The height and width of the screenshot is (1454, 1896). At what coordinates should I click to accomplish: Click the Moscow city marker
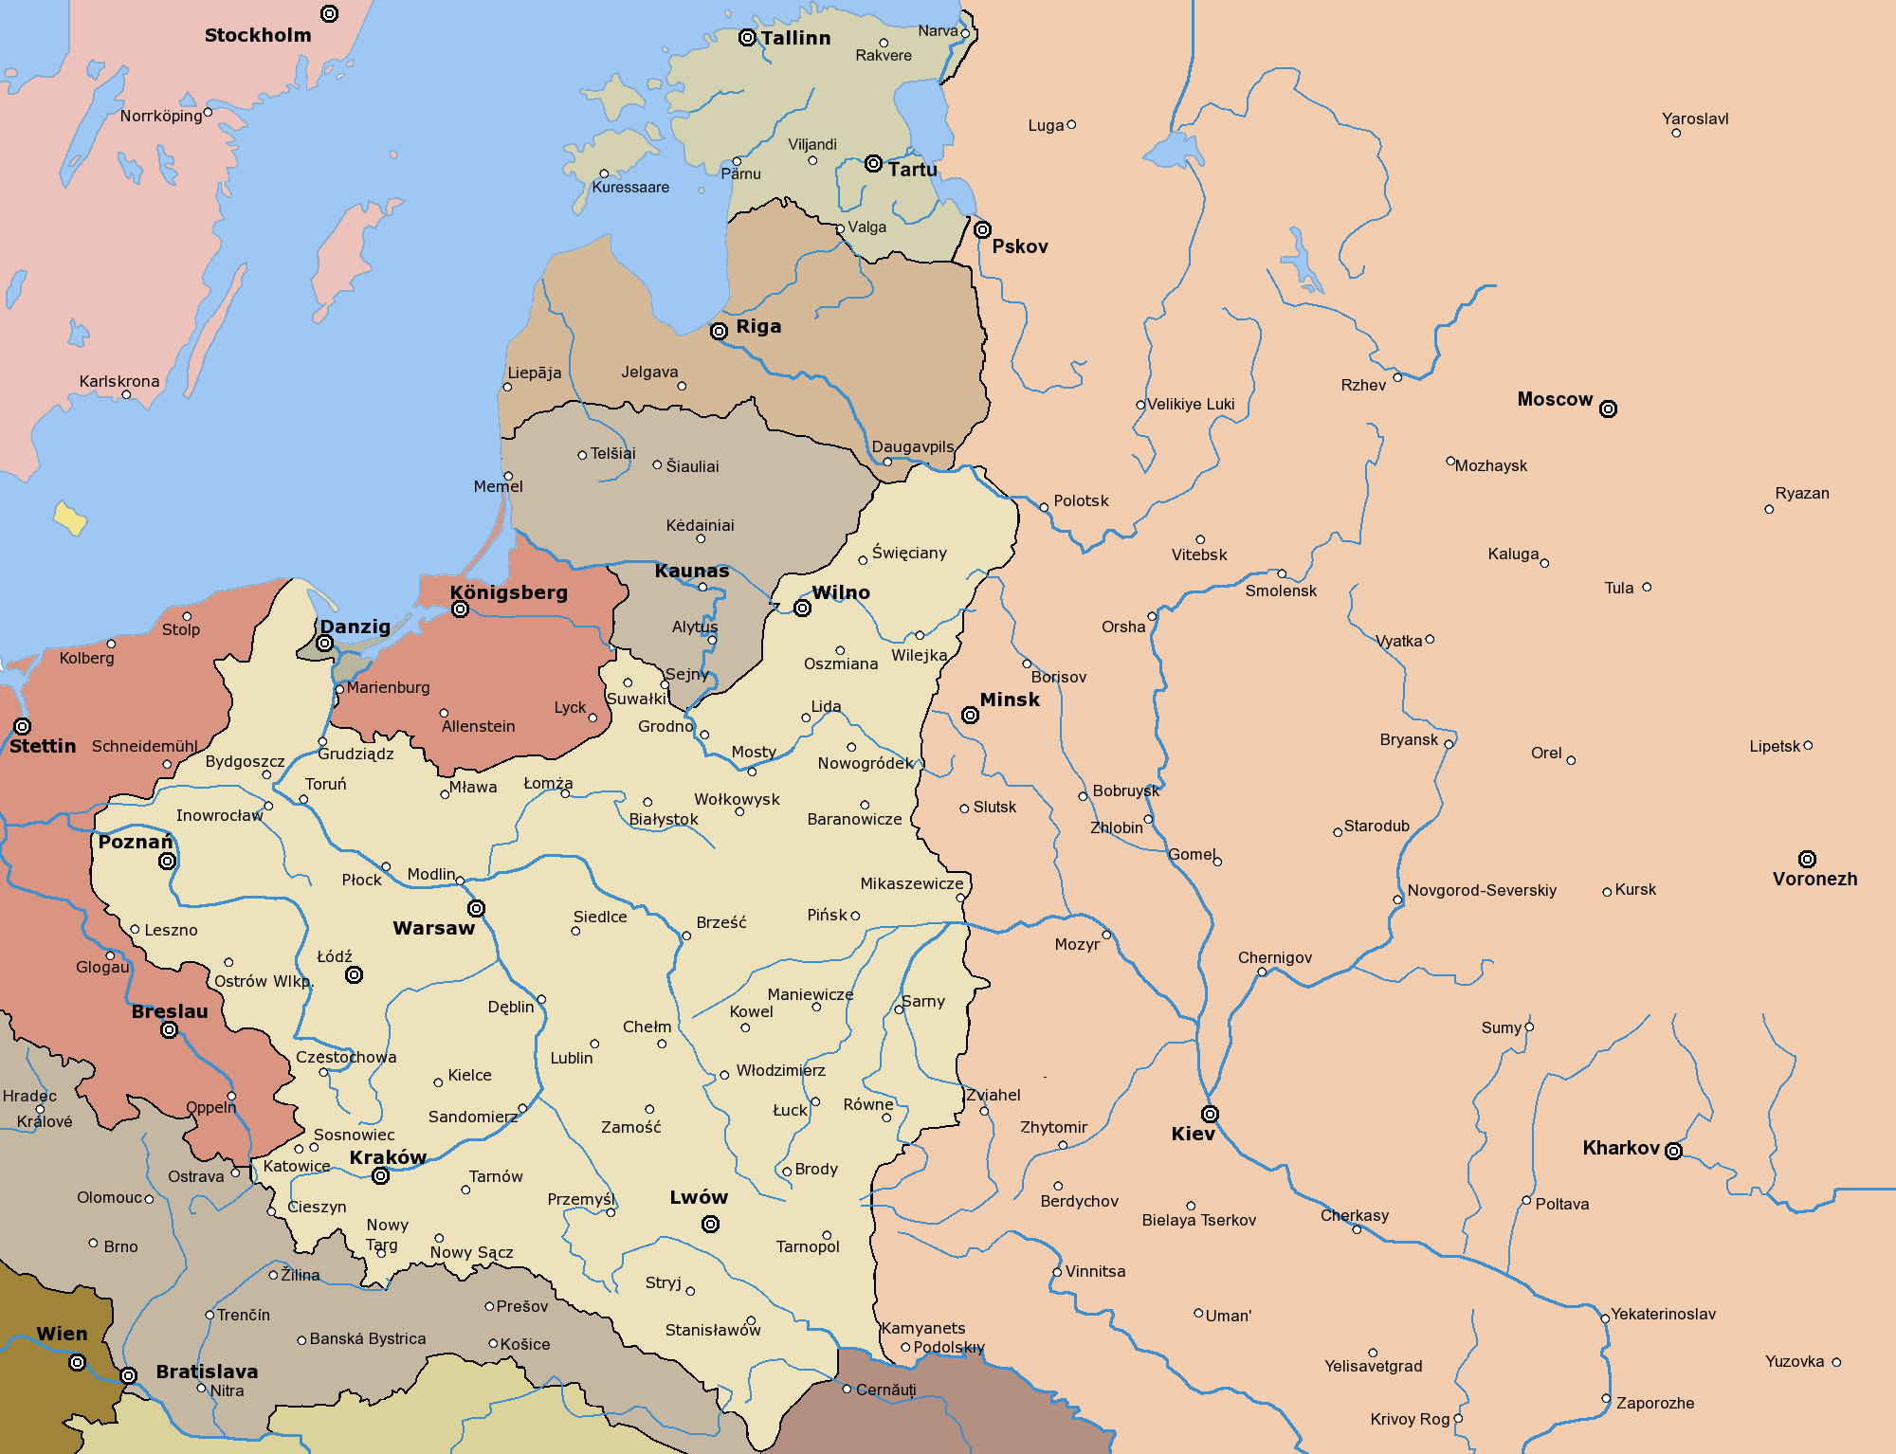click(1608, 409)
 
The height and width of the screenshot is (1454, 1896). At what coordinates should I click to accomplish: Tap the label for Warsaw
click(434, 928)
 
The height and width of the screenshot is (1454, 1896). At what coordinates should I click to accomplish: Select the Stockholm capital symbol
click(329, 13)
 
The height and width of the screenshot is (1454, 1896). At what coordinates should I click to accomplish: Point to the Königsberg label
click(509, 592)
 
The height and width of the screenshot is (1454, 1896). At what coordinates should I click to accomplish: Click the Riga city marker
click(719, 331)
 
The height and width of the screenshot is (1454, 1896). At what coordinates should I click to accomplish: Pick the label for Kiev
click(1193, 1134)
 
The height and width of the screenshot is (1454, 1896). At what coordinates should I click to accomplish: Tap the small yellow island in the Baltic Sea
click(69, 518)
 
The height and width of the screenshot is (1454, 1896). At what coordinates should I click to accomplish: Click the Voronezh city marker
click(1807, 859)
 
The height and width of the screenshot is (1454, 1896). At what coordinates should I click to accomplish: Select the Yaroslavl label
click(1695, 118)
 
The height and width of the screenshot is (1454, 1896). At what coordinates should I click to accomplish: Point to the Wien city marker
click(78, 1362)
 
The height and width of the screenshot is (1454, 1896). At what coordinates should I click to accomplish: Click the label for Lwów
click(699, 1197)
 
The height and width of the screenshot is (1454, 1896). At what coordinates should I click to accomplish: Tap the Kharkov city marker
click(1673, 1151)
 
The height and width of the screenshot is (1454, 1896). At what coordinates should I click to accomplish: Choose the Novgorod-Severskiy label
click(1482, 890)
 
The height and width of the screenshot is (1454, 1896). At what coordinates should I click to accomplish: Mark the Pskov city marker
click(982, 229)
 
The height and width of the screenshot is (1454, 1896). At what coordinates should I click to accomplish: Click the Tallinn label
click(795, 38)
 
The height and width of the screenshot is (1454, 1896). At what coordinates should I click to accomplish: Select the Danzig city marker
click(324, 643)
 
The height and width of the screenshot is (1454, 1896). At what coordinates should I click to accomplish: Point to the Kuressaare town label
click(630, 187)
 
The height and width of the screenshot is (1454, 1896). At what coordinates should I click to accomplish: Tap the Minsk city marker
click(970, 715)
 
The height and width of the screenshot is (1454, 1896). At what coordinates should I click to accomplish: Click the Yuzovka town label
click(1795, 1361)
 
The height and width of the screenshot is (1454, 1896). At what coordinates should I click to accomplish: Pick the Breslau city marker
click(169, 1029)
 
